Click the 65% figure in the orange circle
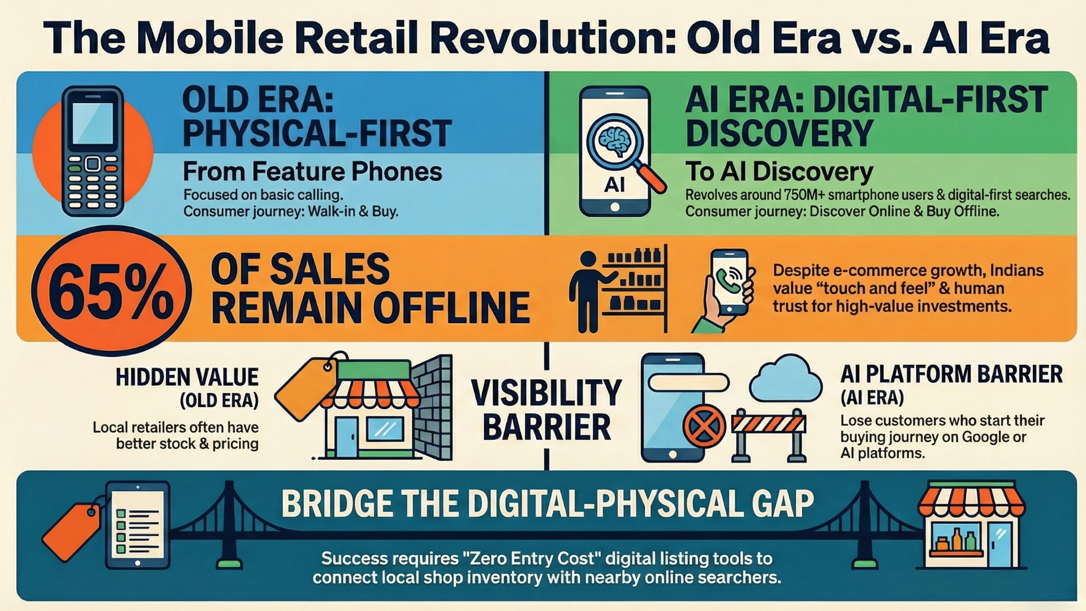click(111, 292)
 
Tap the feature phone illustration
click(93, 151)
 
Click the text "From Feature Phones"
click(312, 171)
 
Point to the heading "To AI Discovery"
click(779, 172)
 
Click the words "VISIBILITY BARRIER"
click(546, 410)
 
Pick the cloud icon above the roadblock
click(785, 378)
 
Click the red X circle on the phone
click(704, 425)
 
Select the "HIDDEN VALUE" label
click(187, 377)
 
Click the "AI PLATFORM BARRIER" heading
click(951, 375)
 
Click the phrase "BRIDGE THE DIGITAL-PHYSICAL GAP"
click(547, 503)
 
